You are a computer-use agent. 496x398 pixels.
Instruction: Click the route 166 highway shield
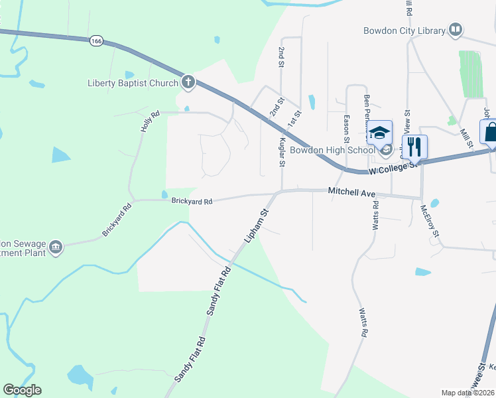pos(97,41)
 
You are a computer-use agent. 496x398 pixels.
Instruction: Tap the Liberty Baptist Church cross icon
pos(188,83)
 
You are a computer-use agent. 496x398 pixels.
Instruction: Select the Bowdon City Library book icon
pos(455,29)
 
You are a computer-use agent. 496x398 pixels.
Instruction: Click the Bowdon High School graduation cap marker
pos(380,134)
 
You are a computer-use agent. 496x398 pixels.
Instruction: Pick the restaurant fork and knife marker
pos(414,146)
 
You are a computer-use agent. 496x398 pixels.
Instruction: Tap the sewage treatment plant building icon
pos(56,247)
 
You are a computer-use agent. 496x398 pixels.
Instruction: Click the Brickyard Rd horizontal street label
pos(192,201)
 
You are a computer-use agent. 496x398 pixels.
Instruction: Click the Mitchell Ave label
pos(352,192)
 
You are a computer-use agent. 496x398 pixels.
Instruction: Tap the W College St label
pos(395,167)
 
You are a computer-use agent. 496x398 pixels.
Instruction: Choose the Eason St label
pos(346,129)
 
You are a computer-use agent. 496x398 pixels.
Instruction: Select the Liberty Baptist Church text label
pos(133,83)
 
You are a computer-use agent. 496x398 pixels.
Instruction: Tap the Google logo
pos(22,390)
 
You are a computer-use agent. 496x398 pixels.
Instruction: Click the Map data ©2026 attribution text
pos(467,393)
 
